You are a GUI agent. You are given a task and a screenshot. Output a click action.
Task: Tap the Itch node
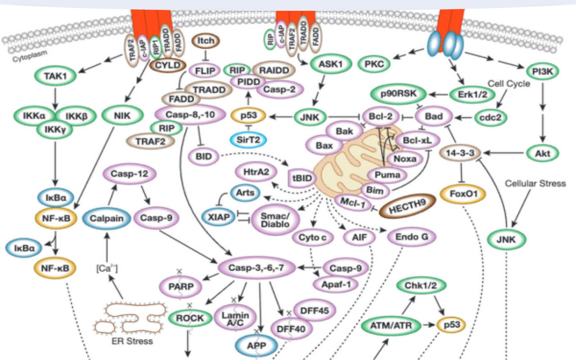pyautogui.click(x=206, y=41)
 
